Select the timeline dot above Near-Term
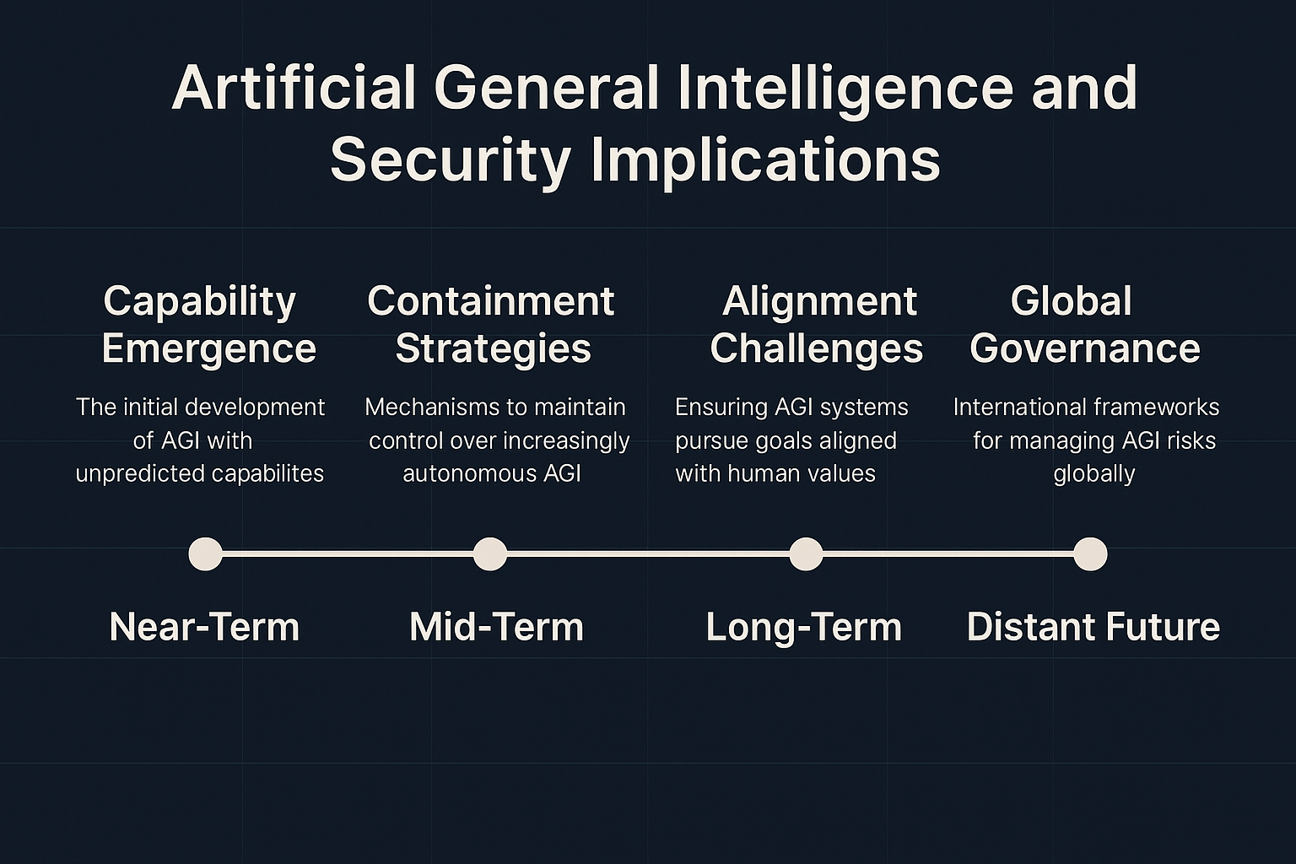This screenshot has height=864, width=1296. pos(205,553)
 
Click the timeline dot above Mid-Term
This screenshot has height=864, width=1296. pos(490,553)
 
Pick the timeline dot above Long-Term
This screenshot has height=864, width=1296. pos(806,553)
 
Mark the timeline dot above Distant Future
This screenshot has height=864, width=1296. pos(1091,553)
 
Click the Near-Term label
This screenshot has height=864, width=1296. pos(204,627)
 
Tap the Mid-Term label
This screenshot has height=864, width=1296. pos(496,627)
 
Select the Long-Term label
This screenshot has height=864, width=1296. pos(803,628)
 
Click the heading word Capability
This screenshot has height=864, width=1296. pos(200,303)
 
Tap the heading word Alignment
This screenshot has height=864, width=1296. pos(820,303)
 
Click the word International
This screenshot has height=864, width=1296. pos(1018,407)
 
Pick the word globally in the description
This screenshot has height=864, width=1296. pos(1094,474)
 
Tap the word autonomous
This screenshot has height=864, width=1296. pos(468,474)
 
